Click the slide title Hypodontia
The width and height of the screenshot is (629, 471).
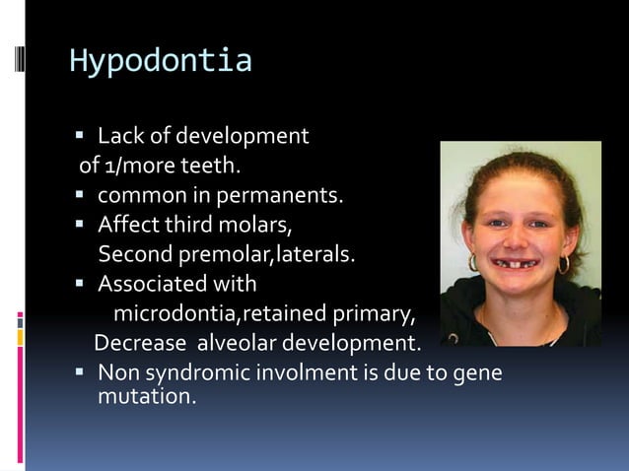coord(160,61)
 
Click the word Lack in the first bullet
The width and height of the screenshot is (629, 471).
coord(119,135)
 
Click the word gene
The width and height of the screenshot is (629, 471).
coord(480,374)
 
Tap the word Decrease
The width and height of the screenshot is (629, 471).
coord(140,345)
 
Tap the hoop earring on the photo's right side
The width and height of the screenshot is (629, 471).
coord(564,264)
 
